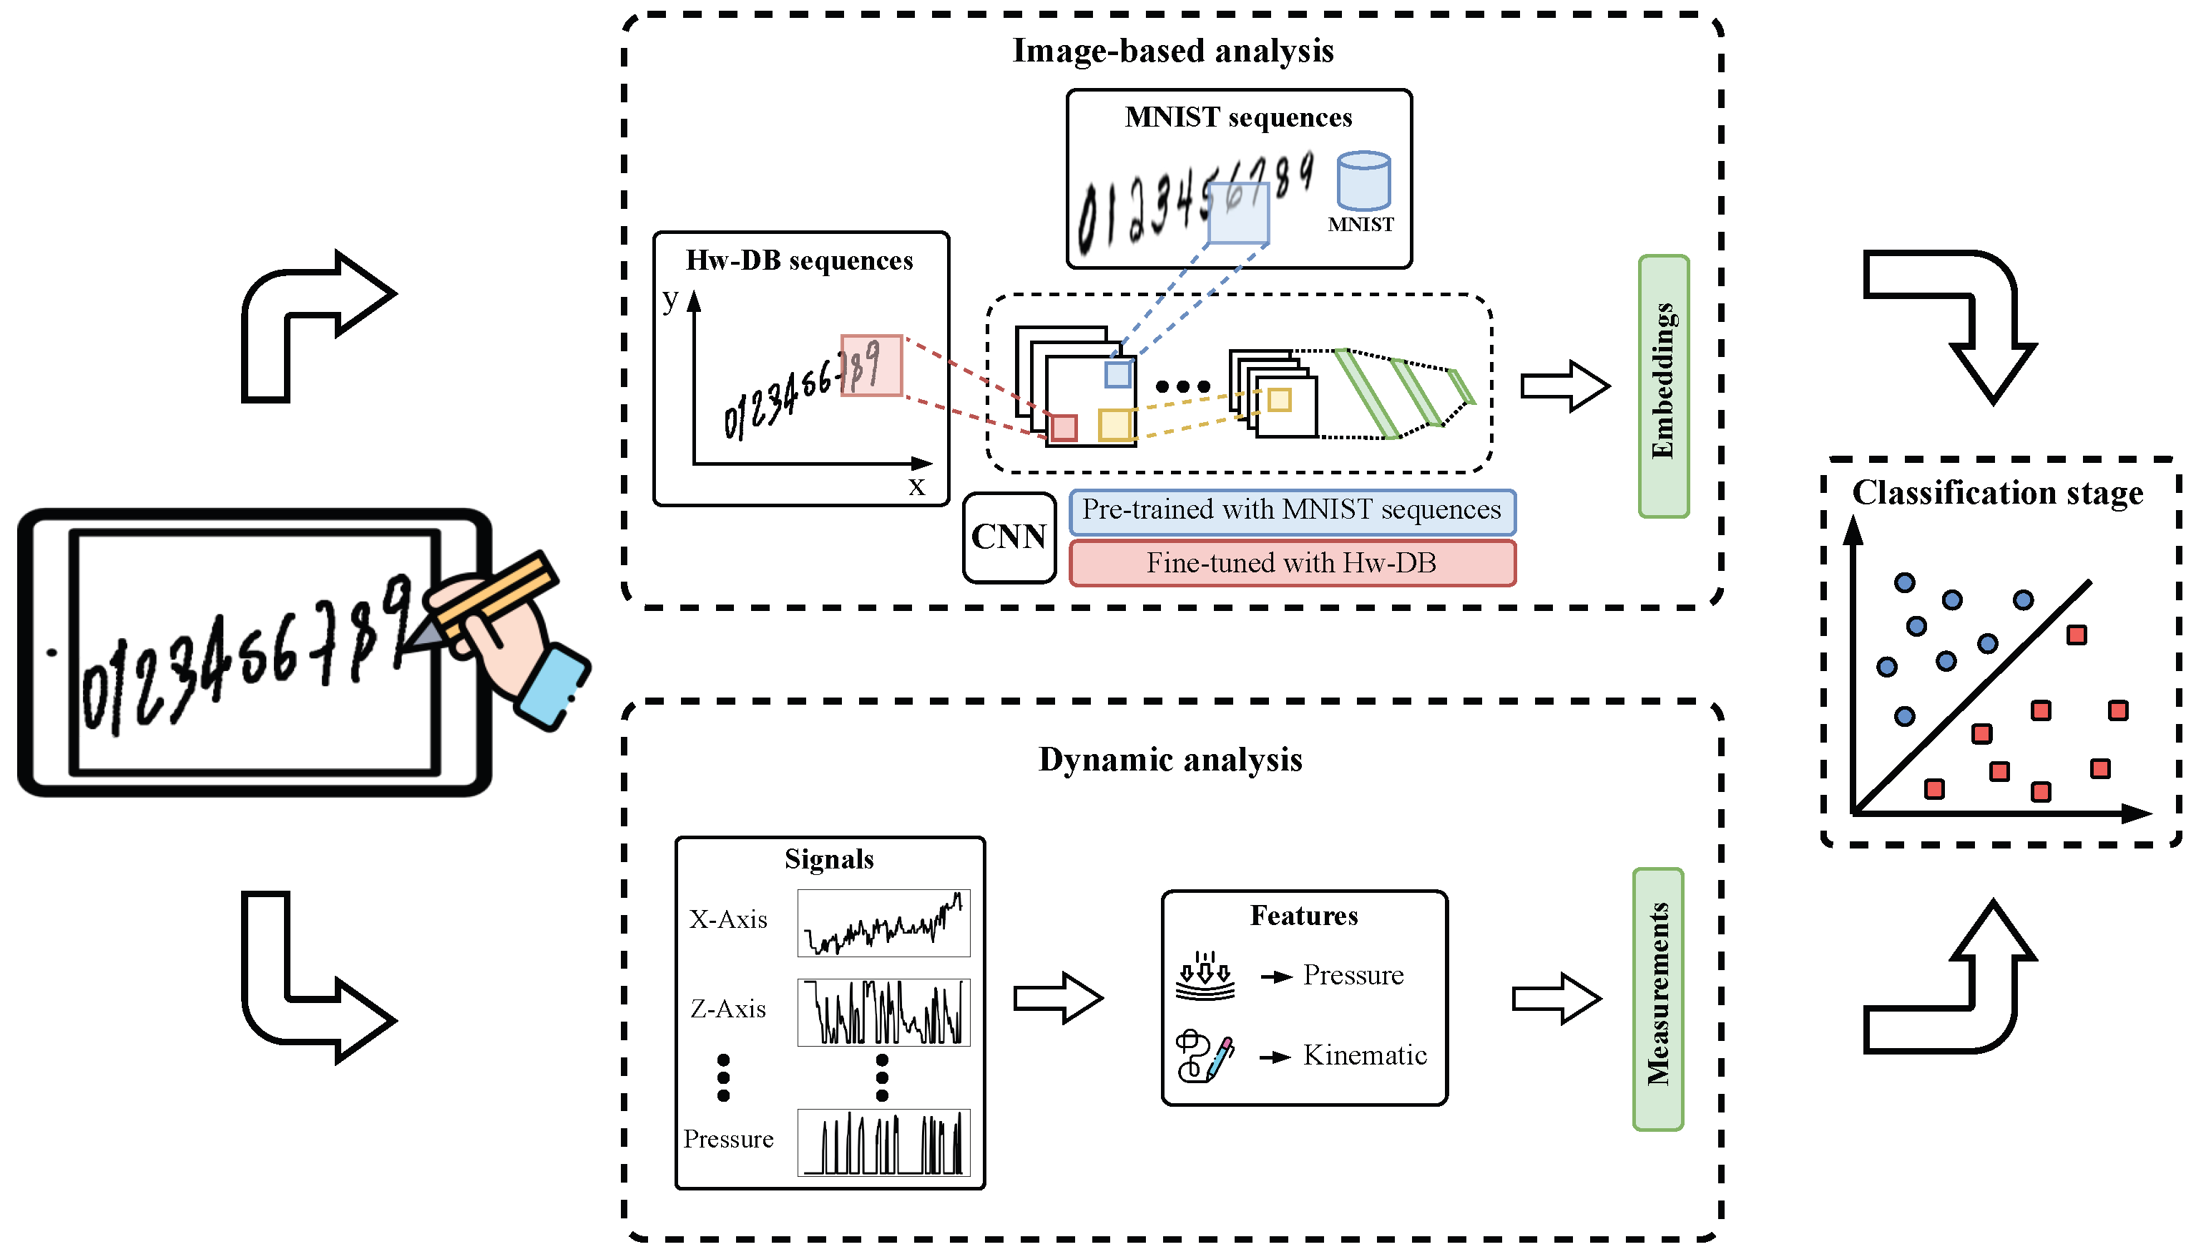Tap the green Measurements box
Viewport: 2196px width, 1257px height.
point(1657,999)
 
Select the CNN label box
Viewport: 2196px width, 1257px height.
point(1008,537)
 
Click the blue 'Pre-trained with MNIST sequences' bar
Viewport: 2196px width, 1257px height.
point(1291,511)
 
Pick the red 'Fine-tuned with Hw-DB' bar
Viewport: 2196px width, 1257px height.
point(1291,563)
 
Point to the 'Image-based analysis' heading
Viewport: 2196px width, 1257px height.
point(1172,51)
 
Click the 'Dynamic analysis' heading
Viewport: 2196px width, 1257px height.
point(1170,760)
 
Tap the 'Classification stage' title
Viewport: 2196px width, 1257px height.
point(1997,493)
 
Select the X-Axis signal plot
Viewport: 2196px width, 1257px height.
point(883,923)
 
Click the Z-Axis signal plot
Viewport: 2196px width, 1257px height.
point(883,1012)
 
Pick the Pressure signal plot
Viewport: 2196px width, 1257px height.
point(883,1143)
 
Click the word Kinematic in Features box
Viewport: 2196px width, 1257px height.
point(1364,1055)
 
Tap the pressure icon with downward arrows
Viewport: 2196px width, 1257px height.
point(1205,976)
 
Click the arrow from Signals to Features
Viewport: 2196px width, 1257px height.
point(1057,998)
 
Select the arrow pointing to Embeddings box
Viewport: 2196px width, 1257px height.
point(1564,386)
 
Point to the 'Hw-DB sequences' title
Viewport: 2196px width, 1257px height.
point(798,260)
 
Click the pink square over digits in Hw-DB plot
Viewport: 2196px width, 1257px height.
point(871,365)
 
